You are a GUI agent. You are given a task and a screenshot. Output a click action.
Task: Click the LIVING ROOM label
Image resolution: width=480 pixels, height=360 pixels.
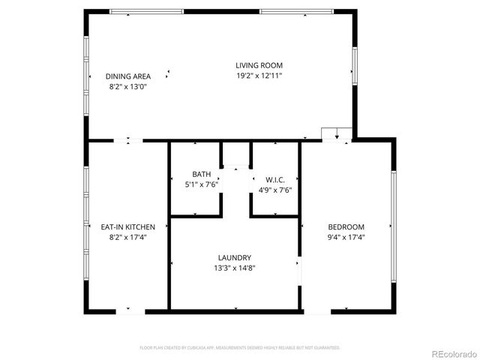coord(259,65)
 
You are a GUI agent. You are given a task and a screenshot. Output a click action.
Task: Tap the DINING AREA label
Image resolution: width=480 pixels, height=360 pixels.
coord(127,76)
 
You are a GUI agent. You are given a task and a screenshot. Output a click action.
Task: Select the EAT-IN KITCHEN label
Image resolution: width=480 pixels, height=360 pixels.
coord(127,226)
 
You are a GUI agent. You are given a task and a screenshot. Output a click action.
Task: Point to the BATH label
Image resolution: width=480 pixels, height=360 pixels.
coord(201,173)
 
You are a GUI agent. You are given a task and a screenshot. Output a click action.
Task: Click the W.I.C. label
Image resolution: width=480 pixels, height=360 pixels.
coord(274,180)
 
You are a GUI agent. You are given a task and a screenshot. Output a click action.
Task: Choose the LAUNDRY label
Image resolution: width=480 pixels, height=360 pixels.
coord(235,257)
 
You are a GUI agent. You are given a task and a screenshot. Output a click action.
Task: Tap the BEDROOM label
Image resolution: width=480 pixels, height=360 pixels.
coord(346,227)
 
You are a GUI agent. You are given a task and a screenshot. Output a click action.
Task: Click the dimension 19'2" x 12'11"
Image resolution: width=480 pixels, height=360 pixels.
coord(259,75)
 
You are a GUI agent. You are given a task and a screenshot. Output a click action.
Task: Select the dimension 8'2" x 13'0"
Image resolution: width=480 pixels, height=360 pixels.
coord(127,86)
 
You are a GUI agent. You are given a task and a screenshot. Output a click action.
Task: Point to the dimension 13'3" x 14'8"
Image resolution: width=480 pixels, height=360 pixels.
coord(235,268)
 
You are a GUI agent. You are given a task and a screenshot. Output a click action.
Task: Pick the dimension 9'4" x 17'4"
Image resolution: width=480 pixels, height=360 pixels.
coord(346,237)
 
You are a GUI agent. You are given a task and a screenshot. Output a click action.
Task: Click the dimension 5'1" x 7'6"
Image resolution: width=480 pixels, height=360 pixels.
coord(201,184)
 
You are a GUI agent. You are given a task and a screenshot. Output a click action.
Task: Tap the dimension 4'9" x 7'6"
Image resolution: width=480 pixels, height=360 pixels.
coord(274,190)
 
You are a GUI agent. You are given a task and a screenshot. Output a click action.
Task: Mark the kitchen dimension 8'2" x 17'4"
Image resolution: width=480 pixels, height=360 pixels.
coord(127,237)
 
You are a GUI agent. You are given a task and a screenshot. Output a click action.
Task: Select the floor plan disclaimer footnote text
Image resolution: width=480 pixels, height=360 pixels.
coord(240,347)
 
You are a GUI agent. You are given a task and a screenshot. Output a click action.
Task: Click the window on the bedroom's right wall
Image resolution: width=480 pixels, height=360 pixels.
coord(393,225)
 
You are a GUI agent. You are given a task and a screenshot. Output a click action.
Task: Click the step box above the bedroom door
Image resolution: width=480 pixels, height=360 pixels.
coord(335,133)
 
